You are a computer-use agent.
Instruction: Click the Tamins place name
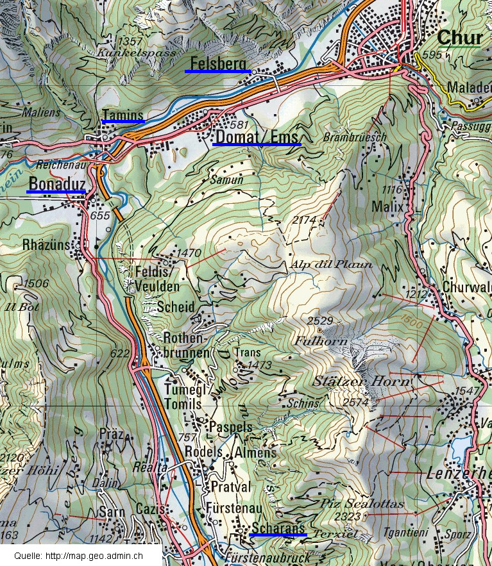point(123,115)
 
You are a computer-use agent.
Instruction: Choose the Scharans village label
point(278,528)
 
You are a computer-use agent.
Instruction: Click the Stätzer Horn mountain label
point(361,381)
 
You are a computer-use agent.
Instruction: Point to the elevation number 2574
point(356,402)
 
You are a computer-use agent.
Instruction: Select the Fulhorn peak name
point(321,342)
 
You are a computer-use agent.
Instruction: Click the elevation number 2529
point(320,320)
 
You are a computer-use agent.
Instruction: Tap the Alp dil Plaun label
point(331,264)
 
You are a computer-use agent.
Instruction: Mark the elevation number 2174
point(304,220)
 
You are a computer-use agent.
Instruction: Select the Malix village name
point(387,207)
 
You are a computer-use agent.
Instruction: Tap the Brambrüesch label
point(346,138)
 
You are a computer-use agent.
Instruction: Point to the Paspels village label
point(231,427)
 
